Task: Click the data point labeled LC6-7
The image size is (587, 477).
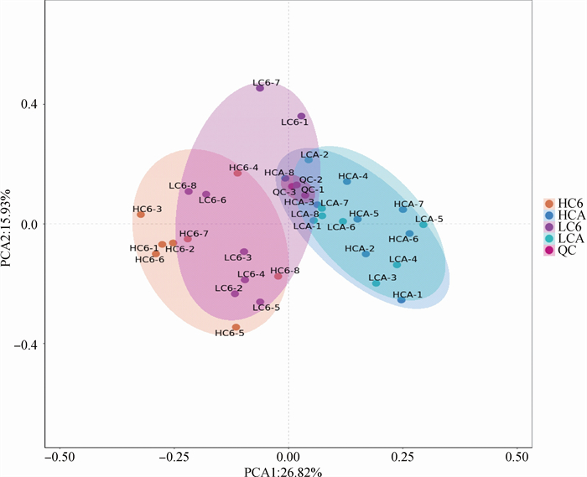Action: [260, 88]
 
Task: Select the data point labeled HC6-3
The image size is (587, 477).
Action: [141, 215]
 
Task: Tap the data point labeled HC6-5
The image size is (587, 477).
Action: [236, 327]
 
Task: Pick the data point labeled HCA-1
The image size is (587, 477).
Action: [402, 299]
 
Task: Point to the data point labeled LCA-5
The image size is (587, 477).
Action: [423, 225]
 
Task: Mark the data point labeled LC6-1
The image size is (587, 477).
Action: [302, 117]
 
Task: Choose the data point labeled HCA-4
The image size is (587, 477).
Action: [347, 182]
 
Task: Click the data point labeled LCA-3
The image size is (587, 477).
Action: [377, 283]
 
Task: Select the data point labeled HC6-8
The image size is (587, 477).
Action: [278, 276]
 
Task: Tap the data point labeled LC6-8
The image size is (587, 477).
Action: [189, 191]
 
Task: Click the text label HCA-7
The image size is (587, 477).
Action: [409, 204]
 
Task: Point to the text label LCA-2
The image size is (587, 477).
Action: [314, 155]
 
